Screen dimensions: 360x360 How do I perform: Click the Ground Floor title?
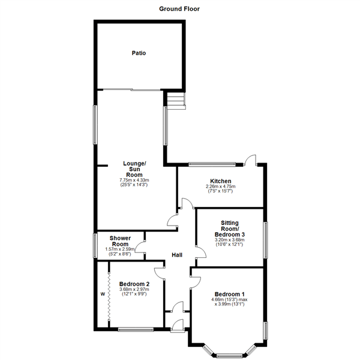179,9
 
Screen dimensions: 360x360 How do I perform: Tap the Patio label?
139,53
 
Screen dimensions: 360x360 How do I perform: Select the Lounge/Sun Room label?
134,169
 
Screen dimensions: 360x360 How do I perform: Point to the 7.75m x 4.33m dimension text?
134,180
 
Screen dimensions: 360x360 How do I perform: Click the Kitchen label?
217,181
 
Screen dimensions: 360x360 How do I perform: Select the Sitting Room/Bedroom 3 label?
230,228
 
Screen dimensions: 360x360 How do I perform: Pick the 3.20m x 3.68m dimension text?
230,240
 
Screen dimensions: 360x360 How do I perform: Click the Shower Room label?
120,241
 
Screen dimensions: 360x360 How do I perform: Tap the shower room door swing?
140,245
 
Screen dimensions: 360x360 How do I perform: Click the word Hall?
177,255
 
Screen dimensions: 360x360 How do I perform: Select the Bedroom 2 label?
134,284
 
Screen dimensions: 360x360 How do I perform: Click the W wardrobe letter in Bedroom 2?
103,294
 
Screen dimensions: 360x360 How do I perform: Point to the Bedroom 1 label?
228,293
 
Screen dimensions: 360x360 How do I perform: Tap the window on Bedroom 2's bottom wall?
134,329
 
